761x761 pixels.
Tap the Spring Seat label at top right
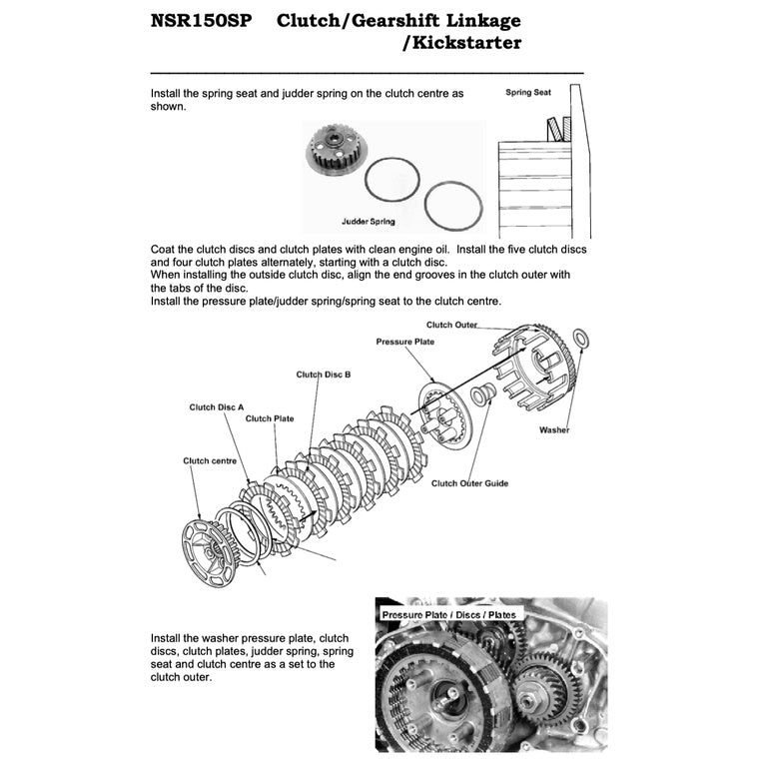coord(527,92)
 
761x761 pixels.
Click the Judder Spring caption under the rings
coord(368,221)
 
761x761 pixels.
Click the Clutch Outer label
coord(451,325)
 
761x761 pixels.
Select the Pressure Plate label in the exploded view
coord(406,342)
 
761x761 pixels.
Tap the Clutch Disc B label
coord(323,375)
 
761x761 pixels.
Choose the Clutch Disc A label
coord(217,407)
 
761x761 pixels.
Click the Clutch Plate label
coord(270,418)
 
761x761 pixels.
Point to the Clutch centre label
coord(210,461)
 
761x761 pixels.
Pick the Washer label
coord(554,430)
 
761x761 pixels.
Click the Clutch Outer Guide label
coord(469,483)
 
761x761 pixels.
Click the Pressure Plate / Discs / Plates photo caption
coord(448,614)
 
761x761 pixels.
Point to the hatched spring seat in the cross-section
coord(554,127)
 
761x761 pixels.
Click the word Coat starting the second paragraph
coord(165,249)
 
